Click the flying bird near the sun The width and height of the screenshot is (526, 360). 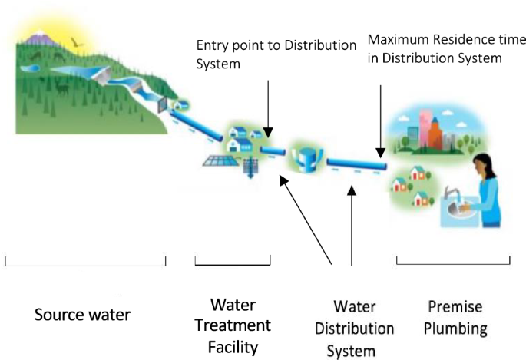pos(74,43)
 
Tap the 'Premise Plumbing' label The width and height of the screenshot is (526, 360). pos(455,318)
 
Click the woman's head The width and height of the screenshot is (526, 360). pos(481,163)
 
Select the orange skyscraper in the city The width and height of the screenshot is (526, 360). pos(434,130)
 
